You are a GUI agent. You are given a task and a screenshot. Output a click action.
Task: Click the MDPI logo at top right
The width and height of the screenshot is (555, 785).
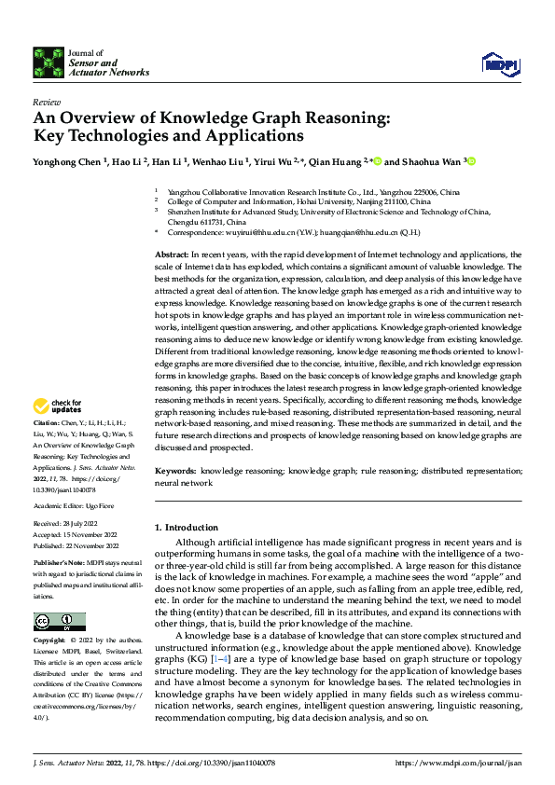point(499,62)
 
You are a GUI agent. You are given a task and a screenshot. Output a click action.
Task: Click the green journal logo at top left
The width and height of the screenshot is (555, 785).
point(49,62)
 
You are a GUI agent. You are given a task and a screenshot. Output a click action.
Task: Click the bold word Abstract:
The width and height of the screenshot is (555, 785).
point(173,254)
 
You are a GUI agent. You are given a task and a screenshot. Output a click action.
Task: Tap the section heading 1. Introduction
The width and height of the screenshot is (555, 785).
point(186,528)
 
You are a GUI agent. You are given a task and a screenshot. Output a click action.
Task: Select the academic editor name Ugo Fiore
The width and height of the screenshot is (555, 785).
point(102,505)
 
